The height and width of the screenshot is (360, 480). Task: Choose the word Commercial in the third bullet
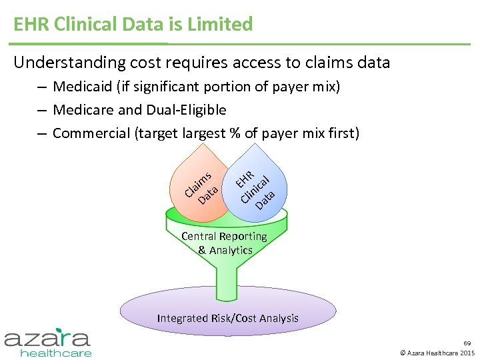point(91,133)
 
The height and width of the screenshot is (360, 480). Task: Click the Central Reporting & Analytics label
point(225,243)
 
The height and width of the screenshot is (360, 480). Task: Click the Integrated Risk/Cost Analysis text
point(227,318)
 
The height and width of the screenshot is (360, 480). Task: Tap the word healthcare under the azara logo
point(56,353)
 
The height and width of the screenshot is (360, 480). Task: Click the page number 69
point(467,343)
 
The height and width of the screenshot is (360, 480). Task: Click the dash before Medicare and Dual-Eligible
point(41,110)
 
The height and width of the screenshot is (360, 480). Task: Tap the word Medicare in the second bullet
point(83,110)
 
